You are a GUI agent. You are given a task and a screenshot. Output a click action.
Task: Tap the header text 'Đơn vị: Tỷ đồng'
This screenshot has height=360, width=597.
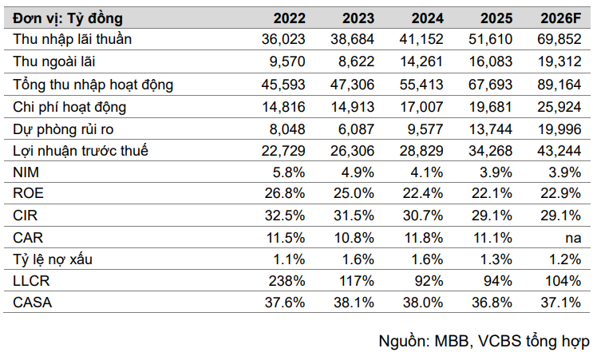tap(63, 17)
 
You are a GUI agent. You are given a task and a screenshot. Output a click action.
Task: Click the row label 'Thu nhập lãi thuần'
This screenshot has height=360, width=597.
tap(73, 38)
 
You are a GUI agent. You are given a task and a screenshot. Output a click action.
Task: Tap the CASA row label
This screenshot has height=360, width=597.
tap(34, 302)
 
